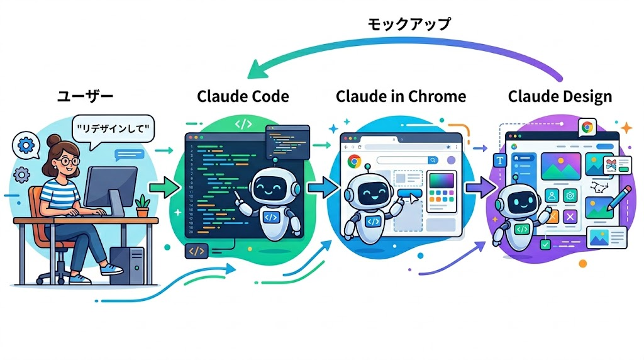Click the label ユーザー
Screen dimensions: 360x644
click(85, 96)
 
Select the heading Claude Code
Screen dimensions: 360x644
click(243, 96)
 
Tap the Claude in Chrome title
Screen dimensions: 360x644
click(401, 96)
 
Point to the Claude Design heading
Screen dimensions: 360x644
click(560, 96)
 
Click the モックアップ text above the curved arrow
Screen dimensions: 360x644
click(409, 25)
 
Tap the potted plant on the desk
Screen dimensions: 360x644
click(143, 205)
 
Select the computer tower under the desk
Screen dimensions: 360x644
click(126, 264)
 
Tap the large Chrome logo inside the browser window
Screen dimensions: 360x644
click(353, 161)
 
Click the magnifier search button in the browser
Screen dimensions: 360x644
click(433, 160)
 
